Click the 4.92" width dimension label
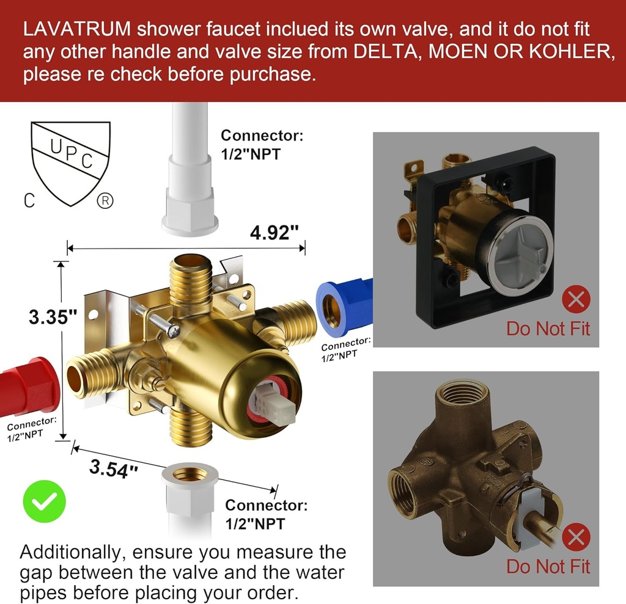tap(274, 232)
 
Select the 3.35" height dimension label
tap(54, 316)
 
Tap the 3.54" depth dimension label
tap(114, 468)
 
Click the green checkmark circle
tap(43, 502)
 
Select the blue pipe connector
tap(344, 305)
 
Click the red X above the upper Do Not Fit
tap(576, 300)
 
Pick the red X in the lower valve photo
tap(576, 538)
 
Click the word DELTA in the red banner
tap(388, 51)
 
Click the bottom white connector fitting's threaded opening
tap(190, 474)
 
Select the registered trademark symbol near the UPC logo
tap(105, 202)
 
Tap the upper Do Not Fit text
tap(548, 329)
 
